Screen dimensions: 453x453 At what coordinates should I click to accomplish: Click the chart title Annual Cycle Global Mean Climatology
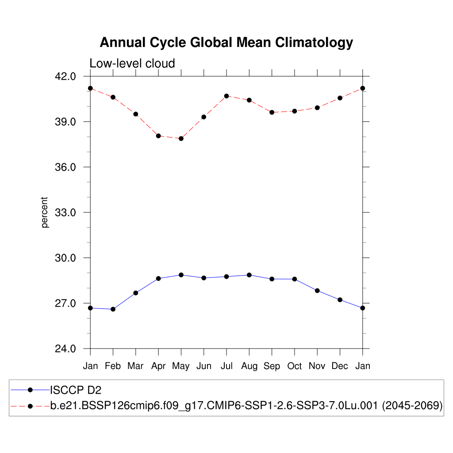point(226,42)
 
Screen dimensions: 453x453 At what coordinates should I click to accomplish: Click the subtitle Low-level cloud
point(132,63)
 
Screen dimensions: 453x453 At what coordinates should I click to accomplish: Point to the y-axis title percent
point(45,212)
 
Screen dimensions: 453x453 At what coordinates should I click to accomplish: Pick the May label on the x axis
point(181,366)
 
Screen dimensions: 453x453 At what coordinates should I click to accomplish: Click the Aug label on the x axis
point(249,366)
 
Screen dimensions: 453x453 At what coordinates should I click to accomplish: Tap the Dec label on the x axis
point(340,366)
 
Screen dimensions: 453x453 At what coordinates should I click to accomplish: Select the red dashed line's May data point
point(181,138)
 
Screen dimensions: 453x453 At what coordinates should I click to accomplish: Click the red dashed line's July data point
point(226,96)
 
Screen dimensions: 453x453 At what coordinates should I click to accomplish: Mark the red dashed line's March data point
point(136,114)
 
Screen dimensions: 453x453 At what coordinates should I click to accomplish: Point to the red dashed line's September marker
point(272,112)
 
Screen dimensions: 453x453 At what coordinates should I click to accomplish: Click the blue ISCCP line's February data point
point(113,309)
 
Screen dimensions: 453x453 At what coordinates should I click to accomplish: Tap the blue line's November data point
point(317,291)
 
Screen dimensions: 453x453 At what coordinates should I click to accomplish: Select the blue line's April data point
point(158,279)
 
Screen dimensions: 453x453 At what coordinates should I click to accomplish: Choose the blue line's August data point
point(249,275)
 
